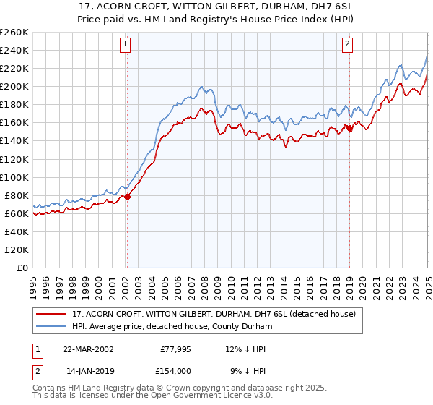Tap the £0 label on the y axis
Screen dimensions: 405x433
22,268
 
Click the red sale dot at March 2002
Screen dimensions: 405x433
127,197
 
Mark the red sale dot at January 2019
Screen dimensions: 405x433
349,128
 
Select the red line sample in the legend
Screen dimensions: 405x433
51,314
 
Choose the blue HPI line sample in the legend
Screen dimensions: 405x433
51,326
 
